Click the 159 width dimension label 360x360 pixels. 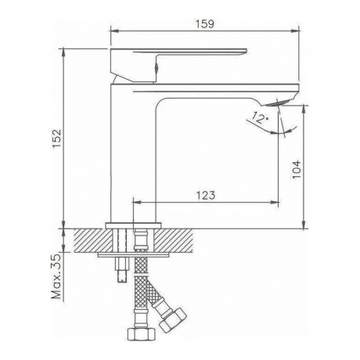[205, 23]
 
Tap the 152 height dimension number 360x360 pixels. [57, 139]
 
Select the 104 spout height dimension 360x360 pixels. [297, 169]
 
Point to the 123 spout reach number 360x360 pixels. [206, 195]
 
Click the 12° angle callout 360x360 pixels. [260, 117]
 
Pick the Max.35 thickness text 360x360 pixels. [56, 276]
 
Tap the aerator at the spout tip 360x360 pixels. [278, 103]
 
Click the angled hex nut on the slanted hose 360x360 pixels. [173, 320]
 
